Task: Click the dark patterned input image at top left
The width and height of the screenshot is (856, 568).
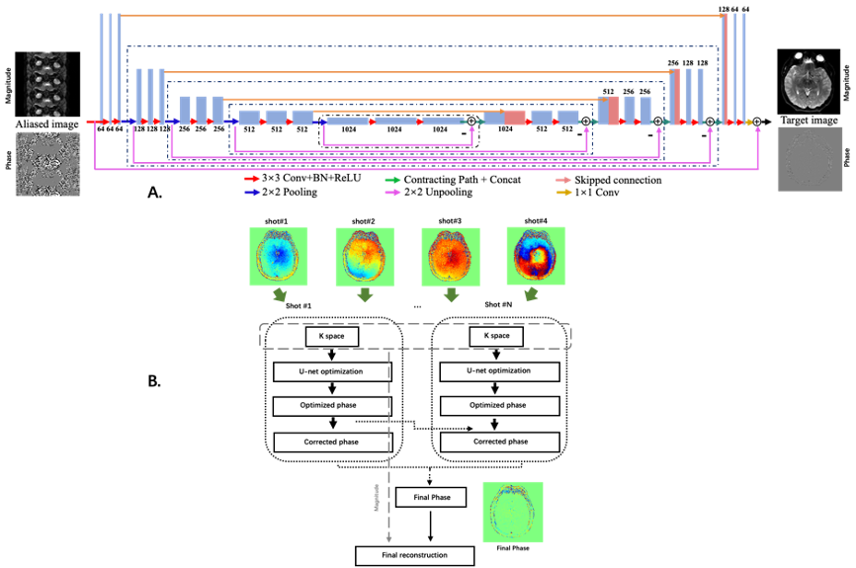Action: point(45,83)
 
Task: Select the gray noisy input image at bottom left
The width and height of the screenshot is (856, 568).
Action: point(47,164)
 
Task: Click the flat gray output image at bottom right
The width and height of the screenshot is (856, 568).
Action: point(810,159)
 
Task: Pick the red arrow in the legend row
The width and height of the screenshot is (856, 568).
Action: point(252,180)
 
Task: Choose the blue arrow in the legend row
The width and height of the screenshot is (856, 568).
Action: point(252,193)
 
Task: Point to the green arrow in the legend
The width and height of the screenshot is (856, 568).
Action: point(392,180)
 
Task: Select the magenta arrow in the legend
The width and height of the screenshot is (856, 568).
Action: point(392,193)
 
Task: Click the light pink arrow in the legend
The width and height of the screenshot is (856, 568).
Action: point(564,180)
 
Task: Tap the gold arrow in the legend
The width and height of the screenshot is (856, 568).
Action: point(564,193)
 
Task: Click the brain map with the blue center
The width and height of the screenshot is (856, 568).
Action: point(279,257)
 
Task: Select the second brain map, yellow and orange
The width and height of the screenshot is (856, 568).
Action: point(365,257)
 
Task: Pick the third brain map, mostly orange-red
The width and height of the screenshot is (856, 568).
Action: point(451,257)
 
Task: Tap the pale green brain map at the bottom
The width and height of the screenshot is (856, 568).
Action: point(513,512)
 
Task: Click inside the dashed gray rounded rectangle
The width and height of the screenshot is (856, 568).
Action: point(415,336)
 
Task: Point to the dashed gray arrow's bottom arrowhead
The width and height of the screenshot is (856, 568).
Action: point(388,539)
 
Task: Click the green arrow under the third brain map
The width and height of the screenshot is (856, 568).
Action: point(452,295)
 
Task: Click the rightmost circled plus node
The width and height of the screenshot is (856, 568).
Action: point(757,122)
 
